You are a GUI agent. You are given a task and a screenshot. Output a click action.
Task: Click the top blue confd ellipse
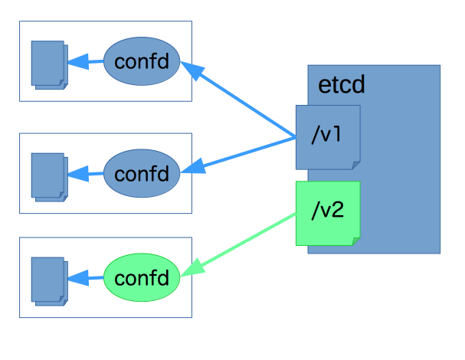(x=141, y=61)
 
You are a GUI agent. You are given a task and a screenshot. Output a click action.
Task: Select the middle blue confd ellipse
(x=141, y=172)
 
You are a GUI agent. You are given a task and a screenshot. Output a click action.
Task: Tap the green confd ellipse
(x=141, y=277)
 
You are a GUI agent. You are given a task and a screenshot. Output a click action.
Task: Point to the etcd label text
(x=336, y=84)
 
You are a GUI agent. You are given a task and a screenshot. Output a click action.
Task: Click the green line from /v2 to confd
(x=245, y=241)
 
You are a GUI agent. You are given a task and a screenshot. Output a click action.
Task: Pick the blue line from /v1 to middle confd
(x=245, y=152)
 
